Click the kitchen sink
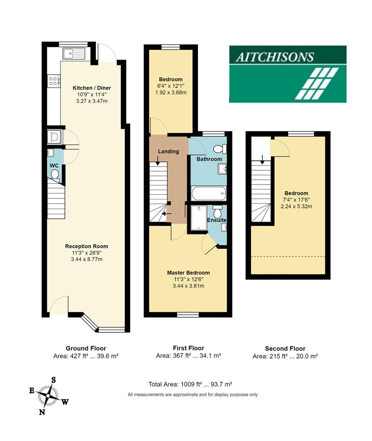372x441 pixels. (74, 53)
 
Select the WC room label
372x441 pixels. (54, 165)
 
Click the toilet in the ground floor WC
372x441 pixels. (54, 176)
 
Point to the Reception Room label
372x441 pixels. (87, 246)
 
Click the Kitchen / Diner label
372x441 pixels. (91, 88)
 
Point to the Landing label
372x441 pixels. (169, 151)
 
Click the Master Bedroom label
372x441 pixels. (188, 273)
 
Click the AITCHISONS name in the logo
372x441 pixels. (274, 56)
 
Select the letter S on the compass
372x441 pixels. (53, 380)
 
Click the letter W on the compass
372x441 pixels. (65, 402)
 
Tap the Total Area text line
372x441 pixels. (190, 384)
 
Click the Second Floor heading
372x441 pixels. (285, 348)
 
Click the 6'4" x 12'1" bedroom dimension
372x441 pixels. (171, 86)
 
